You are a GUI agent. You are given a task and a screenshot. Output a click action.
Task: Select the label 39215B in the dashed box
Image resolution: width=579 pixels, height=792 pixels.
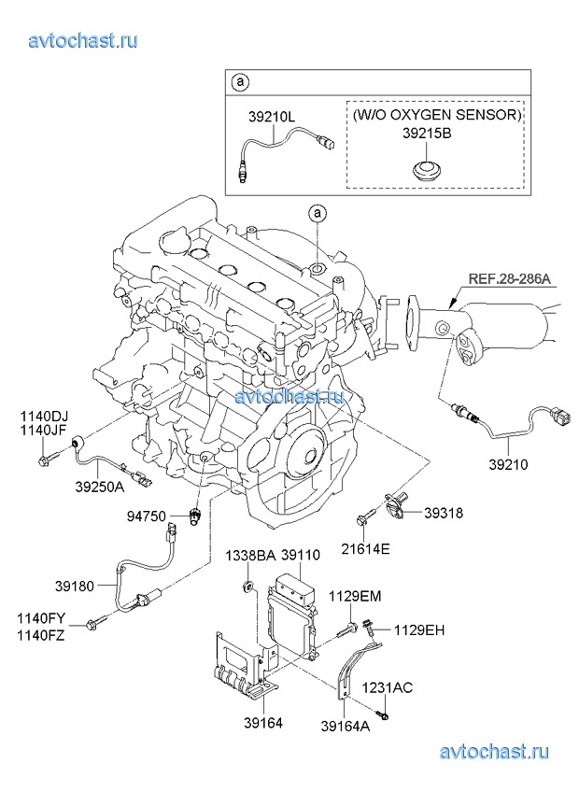click(427, 134)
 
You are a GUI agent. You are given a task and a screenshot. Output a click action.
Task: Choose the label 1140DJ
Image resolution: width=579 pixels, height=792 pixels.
click(46, 416)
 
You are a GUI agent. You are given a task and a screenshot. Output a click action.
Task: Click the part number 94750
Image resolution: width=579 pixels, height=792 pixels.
click(148, 516)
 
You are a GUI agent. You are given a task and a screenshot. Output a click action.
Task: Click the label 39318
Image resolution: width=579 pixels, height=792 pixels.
click(444, 513)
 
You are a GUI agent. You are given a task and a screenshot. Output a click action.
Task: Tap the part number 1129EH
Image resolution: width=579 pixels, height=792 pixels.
click(418, 629)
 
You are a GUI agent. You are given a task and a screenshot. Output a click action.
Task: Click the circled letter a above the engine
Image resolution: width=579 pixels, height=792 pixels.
click(318, 214)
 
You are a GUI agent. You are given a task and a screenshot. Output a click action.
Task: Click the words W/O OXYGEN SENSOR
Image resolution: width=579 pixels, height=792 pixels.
click(436, 115)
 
